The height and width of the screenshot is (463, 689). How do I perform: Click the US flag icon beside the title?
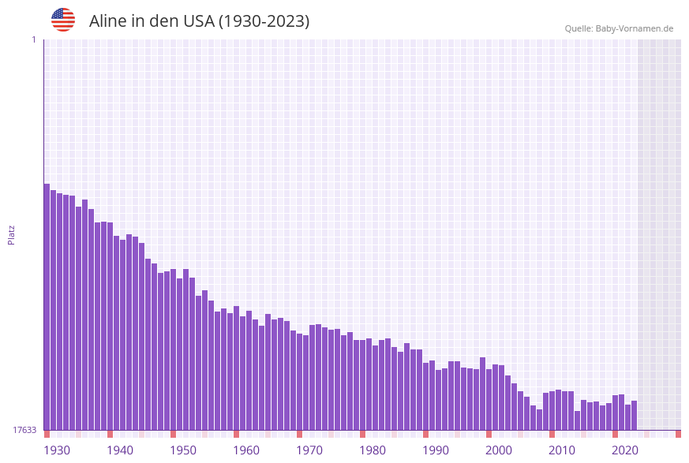(63, 20)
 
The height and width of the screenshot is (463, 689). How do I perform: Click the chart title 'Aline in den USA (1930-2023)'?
(199, 21)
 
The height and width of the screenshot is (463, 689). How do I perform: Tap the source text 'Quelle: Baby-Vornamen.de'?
(619, 28)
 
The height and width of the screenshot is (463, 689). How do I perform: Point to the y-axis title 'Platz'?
(12, 234)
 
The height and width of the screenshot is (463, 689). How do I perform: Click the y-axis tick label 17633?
(24, 430)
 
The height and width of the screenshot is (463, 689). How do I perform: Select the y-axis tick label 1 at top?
(33, 39)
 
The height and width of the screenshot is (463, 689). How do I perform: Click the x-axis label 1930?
(57, 450)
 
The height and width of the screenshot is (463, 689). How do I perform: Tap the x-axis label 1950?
(183, 450)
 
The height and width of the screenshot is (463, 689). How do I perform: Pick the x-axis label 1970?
(309, 450)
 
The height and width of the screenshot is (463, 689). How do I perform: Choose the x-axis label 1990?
(436, 450)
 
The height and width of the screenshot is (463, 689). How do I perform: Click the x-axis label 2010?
(562, 450)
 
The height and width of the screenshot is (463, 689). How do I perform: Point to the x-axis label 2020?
(625, 450)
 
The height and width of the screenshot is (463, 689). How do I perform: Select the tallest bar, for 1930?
(47, 308)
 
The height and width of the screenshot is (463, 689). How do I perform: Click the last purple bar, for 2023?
(635, 416)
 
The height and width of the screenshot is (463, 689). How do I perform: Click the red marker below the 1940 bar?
(110, 434)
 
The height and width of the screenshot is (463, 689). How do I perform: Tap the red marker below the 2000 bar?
(489, 434)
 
